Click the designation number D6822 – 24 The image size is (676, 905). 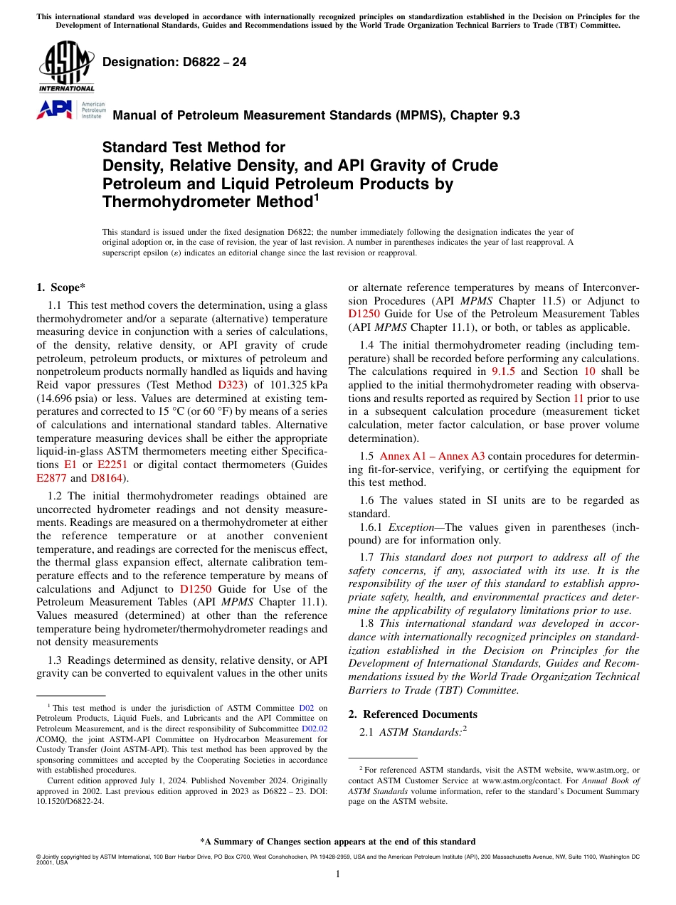(174, 62)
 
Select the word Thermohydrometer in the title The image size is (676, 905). (206, 202)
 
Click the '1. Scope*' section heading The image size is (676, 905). (60, 287)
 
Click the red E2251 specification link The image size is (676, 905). (112, 465)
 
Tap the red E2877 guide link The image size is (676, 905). (51, 478)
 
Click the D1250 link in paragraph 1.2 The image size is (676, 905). (194, 589)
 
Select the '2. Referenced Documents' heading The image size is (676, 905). (413, 714)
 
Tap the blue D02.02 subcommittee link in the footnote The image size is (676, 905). (315, 729)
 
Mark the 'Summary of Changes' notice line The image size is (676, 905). (337, 841)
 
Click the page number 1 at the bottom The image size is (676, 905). (337, 874)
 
